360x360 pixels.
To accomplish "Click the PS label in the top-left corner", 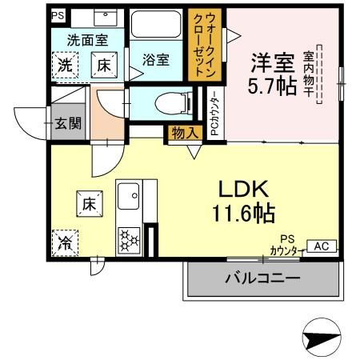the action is click(x=58, y=15).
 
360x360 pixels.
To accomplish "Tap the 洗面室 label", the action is click(x=87, y=40).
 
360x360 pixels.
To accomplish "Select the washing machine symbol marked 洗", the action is click(x=65, y=65).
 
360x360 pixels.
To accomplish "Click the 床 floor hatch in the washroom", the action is click(x=104, y=65).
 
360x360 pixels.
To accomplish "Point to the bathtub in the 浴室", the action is click(x=156, y=24).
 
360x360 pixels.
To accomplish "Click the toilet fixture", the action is click(x=174, y=103).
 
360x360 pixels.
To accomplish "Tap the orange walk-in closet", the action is click(x=205, y=45).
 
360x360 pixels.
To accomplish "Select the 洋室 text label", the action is click(x=273, y=63).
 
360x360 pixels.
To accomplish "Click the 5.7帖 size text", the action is click(x=272, y=86).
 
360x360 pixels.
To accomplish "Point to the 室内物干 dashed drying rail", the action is click(x=319, y=74).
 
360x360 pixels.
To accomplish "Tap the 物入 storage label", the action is click(x=185, y=133).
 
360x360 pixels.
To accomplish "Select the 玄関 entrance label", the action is click(x=68, y=123).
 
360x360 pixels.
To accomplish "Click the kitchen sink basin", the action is click(x=129, y=196).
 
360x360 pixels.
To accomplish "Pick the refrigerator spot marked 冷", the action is click(x=65, y=243).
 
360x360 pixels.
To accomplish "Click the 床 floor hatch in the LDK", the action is click(x=90, y=204).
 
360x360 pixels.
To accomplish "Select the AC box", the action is click(x=322, y=246).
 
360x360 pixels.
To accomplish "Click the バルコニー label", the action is click(x=262, y=278).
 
